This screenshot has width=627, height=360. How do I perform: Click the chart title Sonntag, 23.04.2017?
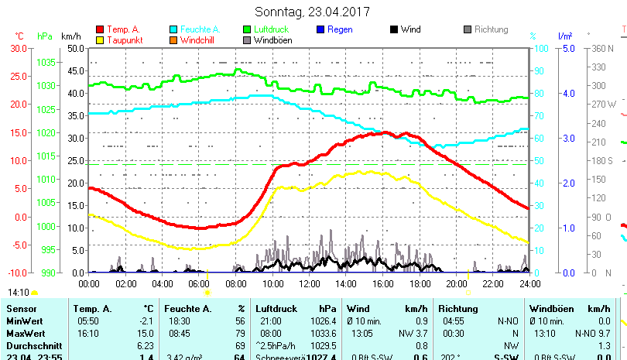coord(312,12)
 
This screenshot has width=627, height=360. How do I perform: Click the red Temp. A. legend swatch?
coord(100,29)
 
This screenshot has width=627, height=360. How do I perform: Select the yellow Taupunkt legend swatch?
coord(100,39)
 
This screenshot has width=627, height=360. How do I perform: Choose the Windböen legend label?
coord(273,39)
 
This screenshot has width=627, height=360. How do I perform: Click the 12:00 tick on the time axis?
coord(310,284)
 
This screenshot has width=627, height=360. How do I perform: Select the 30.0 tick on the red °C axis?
coord(19,48)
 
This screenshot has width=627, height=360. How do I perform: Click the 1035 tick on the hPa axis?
coord(46,62)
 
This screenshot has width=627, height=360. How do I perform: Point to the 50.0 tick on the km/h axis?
coord(75,48)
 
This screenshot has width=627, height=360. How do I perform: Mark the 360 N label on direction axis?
coord(602,48)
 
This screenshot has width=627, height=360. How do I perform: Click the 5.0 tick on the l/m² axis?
coord(566,48)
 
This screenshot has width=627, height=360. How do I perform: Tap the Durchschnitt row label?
coord(32,345)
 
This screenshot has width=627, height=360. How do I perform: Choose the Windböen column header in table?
coord(550,309)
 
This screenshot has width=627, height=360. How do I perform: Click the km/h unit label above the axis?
coord(70,36)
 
